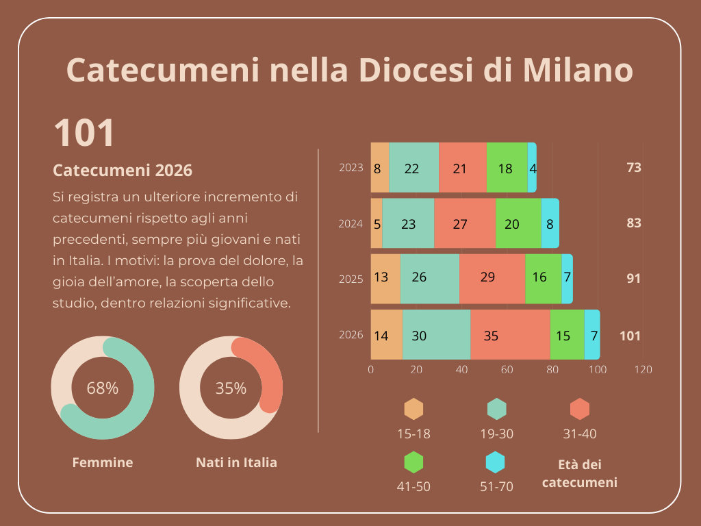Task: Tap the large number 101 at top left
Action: (x=84, y=133)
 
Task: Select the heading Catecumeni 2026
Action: (x=123, y=170)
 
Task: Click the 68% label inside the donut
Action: (x=103, y=388)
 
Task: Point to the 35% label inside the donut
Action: (x=231, y=388)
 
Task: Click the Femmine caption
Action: (x=103, y=462)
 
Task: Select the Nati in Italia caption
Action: (x=236, y=462)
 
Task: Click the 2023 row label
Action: (x=350, y=167)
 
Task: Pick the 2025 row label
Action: (x=350, y=279)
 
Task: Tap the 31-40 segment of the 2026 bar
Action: (x=510, y=335)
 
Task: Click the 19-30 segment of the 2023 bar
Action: (x=413, y=168)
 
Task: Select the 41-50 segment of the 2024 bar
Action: (x=518, y=223)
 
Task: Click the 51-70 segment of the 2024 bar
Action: (x=550, y=223)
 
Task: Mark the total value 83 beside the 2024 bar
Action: (x=633, y=223)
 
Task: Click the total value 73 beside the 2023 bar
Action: (x=633, y=167)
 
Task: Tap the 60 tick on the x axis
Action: (x=507, y=370)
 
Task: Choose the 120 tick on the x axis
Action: (x=643, y=370)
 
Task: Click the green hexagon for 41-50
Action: (x=414, y=463)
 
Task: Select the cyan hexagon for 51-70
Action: (x=495, y=463)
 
